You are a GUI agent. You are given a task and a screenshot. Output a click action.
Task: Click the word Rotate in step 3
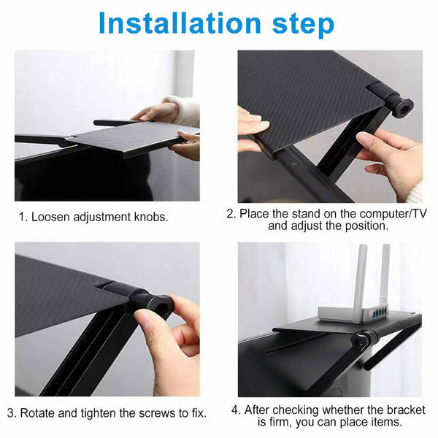pos(38,412)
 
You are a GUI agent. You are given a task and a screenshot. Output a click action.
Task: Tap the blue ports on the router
pos(380,312)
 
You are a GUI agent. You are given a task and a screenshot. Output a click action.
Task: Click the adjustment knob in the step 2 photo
pos(401,106)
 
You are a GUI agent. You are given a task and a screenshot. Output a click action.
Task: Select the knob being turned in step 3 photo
pos(155,305)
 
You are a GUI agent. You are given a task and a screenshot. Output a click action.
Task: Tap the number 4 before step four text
pos(236,409)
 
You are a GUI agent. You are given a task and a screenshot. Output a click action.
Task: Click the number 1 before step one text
pos(22,217)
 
